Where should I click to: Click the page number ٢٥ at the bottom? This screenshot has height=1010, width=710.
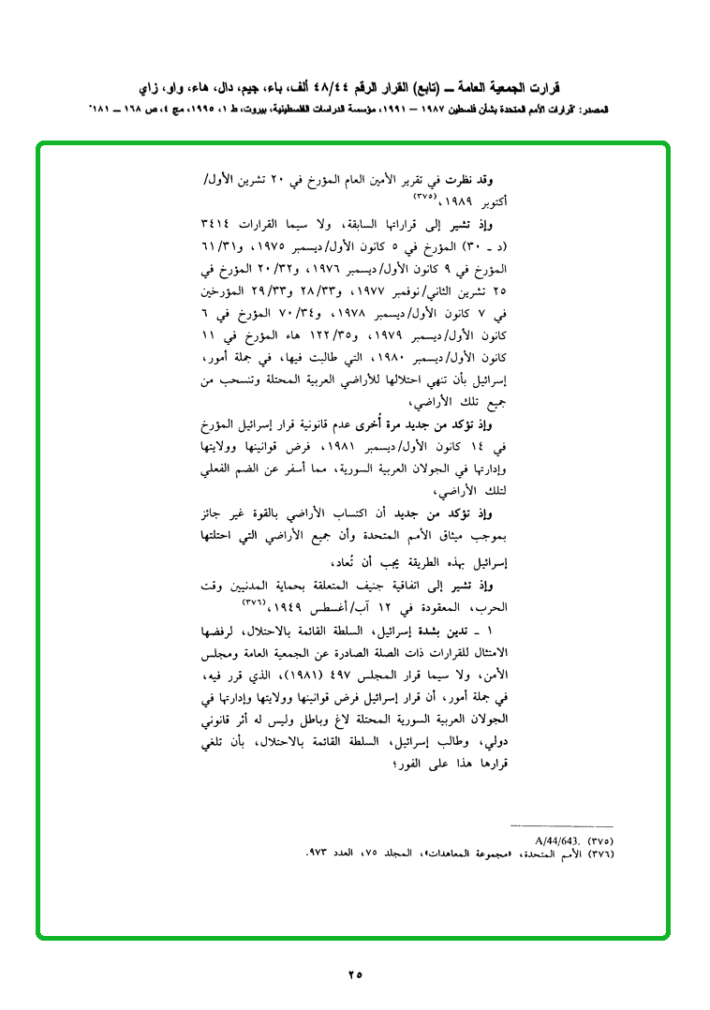point(355,974)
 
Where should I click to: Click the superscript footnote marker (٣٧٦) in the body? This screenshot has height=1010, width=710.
point(257,602)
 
